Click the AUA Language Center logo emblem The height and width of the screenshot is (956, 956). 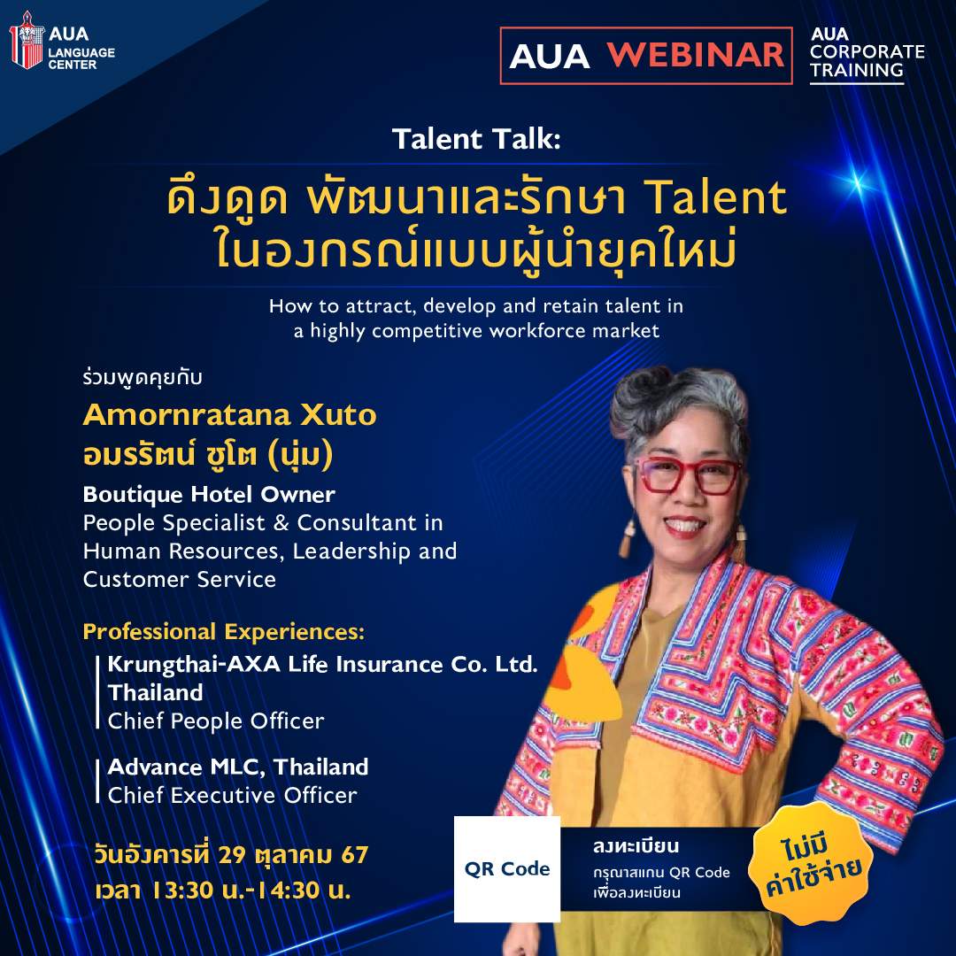coord(27,40)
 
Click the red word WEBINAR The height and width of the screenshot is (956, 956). coord(696,55)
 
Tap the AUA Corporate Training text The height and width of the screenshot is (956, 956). coord(867,52)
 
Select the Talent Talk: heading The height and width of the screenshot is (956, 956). coord(476,139)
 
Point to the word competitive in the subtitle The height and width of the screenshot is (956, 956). coord(428,331)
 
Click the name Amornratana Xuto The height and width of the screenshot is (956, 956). coord(230,415)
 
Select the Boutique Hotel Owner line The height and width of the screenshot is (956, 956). coord(209,495)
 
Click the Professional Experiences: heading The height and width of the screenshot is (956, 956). coord(224,632)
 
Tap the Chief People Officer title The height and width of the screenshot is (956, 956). coord(216,721)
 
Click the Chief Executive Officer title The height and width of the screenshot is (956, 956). coord(232,796)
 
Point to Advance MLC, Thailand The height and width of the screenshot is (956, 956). coord(238,767)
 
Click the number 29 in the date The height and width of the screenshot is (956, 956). coord(231,855)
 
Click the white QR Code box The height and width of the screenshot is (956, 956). coord(507,869)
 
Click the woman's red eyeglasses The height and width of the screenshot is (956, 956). coord(688,476)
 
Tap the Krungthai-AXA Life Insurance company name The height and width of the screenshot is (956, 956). coord(322,664)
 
